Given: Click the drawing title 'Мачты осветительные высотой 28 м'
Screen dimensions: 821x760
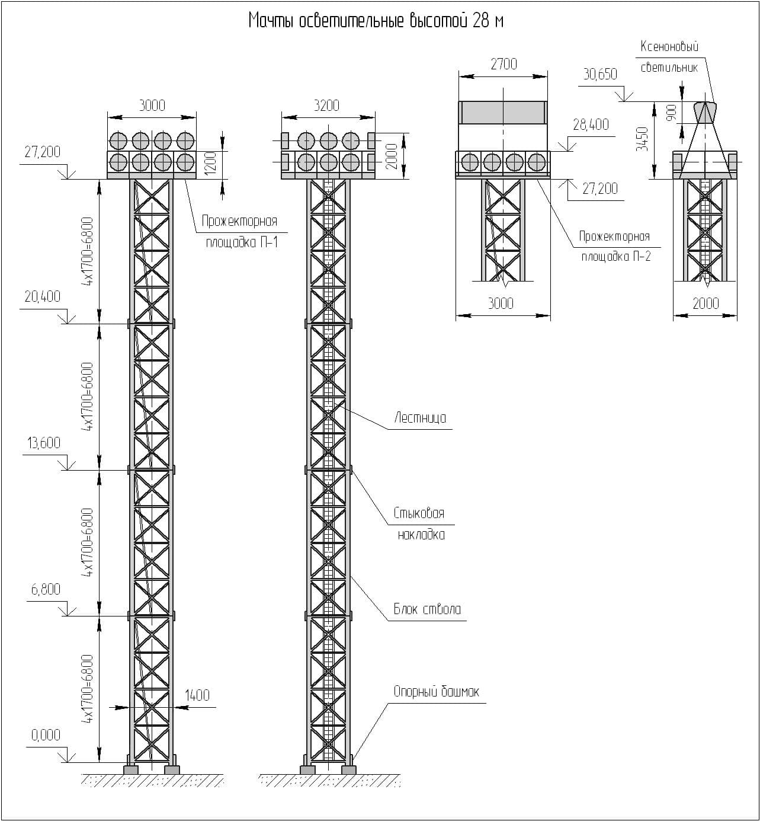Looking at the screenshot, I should [376, 21].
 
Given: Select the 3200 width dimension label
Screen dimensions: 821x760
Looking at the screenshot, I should [326, 106].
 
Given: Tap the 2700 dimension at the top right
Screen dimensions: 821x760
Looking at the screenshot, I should [504, 64].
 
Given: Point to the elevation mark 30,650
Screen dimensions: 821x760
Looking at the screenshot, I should [600, 74].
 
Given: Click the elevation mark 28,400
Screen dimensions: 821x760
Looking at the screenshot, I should [591, 124].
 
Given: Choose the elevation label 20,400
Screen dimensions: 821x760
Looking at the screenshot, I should [42, 296].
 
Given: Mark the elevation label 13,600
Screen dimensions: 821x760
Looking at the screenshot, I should [43, 443].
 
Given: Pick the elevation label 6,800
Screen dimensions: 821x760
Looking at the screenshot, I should [44, 589].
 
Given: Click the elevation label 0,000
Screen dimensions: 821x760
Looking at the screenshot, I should [46, 735].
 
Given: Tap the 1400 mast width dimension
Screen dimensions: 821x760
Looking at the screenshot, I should [197, 695].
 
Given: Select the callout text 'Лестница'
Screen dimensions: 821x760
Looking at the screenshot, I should [420, 418].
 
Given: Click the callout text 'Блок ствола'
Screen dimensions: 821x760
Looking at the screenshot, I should [427, 609].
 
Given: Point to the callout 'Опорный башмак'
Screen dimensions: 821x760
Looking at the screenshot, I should [436, 692].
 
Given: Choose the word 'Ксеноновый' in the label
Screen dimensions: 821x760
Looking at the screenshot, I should [669, 47].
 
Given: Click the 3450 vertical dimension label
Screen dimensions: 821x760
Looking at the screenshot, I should [642, 139].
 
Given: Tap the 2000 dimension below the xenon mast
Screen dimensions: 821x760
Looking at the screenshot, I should [706, 304].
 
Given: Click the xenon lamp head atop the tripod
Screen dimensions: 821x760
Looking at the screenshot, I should [705, 112].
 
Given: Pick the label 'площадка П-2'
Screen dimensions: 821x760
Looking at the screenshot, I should [615, 257].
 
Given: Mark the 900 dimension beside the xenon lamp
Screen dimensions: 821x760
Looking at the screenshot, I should [672, 112].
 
